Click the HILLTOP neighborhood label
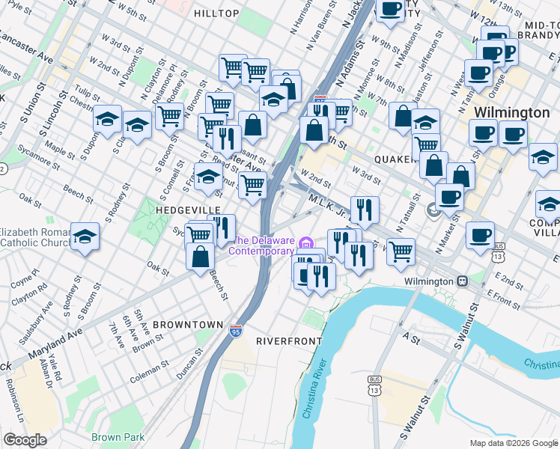216,13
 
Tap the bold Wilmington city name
512,112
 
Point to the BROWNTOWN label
187,325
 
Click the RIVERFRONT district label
289,340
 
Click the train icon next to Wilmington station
463,281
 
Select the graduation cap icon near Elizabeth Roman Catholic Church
85,237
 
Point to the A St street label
411,337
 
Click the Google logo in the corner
25,440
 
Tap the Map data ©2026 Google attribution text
513,443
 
